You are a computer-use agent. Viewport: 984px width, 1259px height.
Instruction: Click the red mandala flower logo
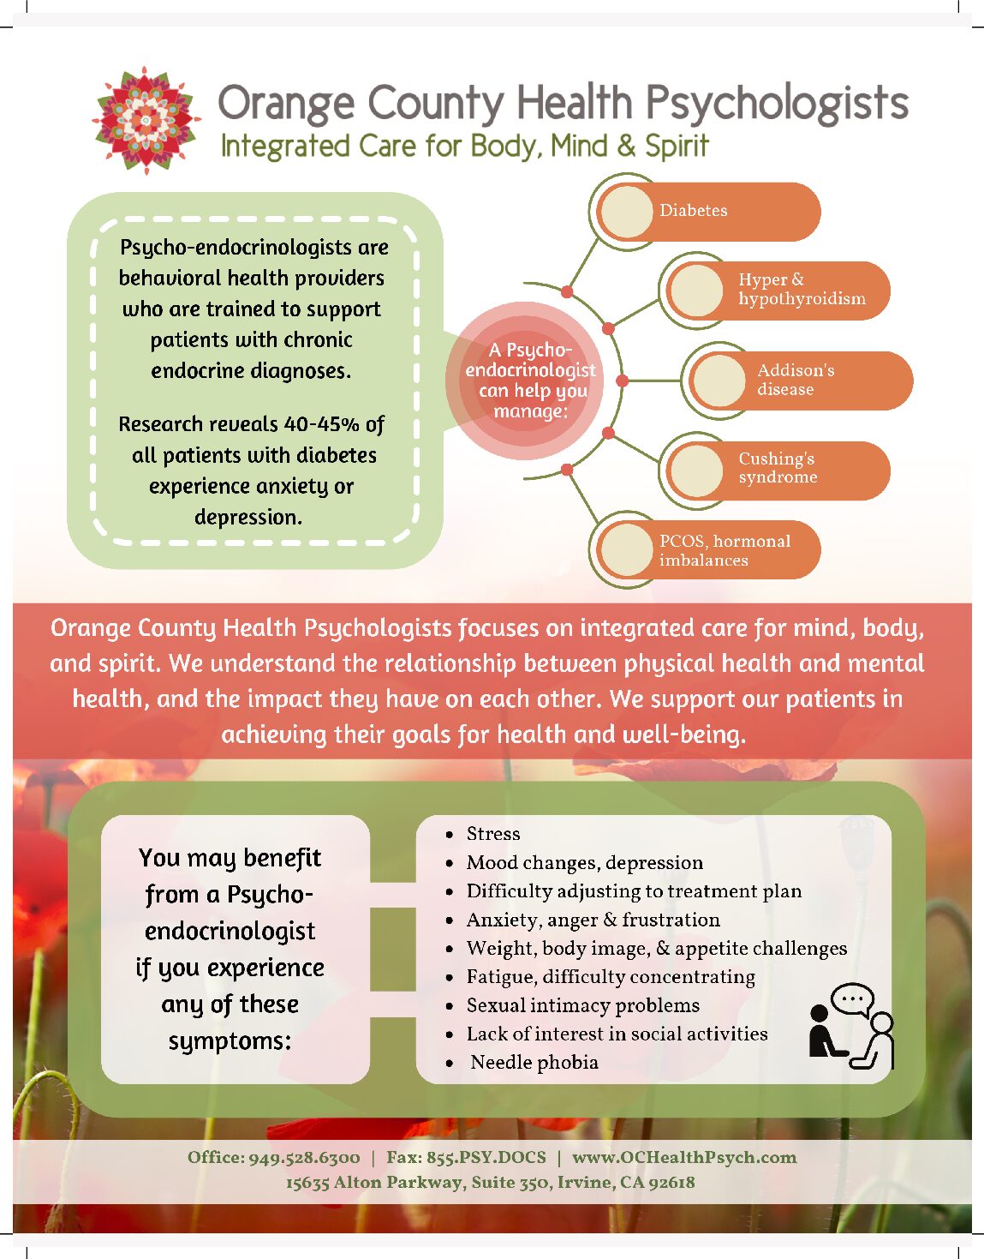click(x=146, y=120)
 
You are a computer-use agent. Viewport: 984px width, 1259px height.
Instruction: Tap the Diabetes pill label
click(x=693, y=211)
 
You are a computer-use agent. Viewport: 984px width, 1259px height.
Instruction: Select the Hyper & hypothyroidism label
click(x=801, y=290)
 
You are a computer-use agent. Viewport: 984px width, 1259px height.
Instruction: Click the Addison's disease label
click(x=795, y=380)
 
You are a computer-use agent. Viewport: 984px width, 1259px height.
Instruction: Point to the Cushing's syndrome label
click(x=777, y=468)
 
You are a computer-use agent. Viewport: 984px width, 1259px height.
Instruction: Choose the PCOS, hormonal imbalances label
click(x=725, y=550)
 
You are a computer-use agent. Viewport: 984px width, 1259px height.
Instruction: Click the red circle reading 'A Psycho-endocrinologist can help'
click(x=531, y=381)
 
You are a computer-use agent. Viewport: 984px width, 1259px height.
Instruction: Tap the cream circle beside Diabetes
click(x=627, y=212)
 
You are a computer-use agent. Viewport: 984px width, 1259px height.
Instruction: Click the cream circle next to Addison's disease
click(x=718, y=381)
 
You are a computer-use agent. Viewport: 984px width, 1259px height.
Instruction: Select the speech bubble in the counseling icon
click(x=852, y=999)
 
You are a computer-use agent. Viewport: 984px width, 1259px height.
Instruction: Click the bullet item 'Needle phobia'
click(x=534, y=1063)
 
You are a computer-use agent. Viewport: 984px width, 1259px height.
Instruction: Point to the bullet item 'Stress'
click(x=492, y=834)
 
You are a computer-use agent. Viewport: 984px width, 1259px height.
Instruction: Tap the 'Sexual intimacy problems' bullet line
click(x=582, y=1005)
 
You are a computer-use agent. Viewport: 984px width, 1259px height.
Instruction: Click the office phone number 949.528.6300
click(x=304, y=1158)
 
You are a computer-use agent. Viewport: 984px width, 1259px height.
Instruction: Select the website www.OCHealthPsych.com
click(x=683, y=1158)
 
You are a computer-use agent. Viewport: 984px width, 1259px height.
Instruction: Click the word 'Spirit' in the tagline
click(x=676, y=147)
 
